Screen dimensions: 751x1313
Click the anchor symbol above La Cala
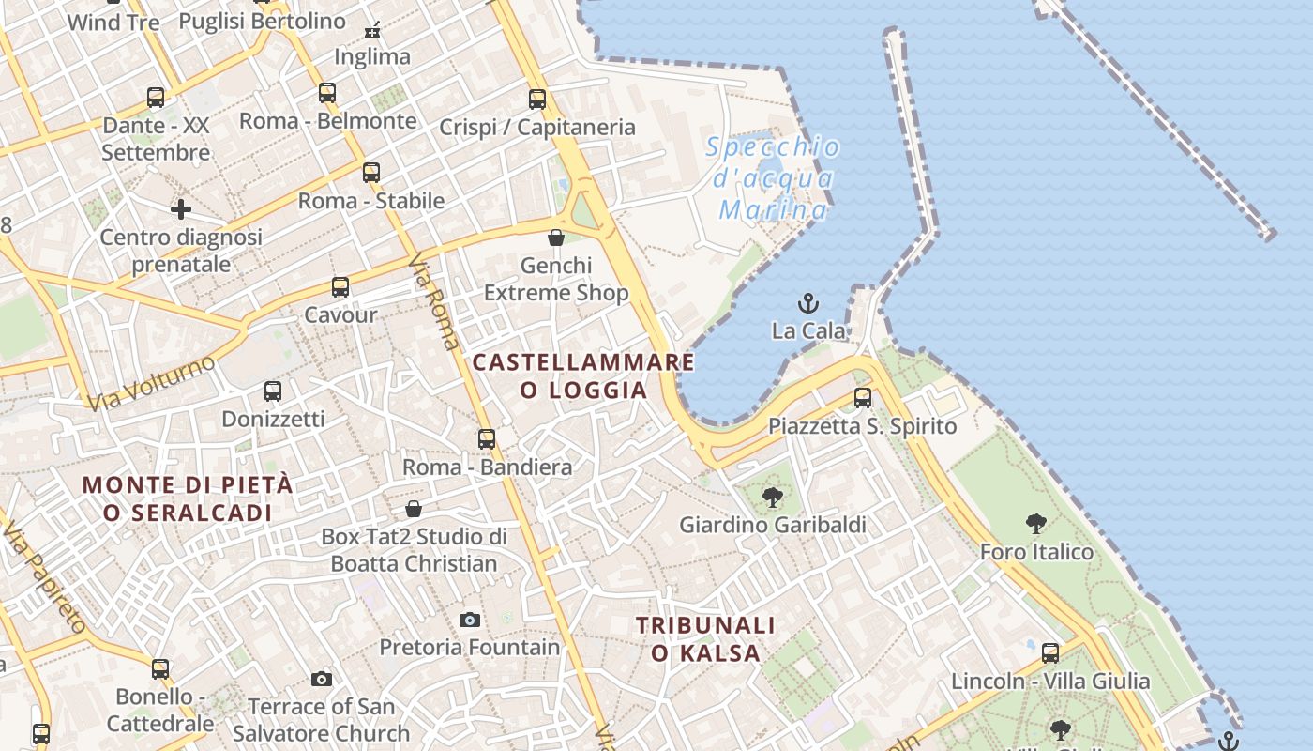pos(807,303)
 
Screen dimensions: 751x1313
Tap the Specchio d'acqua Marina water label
pos(773,178)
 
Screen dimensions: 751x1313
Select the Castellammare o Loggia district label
pos(582,375)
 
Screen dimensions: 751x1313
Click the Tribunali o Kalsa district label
pos(705,638)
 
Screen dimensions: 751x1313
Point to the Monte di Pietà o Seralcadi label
pos(188,498)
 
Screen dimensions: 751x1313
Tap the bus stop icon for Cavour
pos(340,287)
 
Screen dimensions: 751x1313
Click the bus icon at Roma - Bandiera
pos(486,439)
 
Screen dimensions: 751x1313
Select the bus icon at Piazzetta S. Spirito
pos(863,398)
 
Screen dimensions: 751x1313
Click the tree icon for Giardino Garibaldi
pos(773,498)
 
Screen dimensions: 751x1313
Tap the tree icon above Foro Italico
pos(1036,524)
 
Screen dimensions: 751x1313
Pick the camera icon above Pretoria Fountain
pos(470,620)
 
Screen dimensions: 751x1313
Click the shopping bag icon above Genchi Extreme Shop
pos(555,238)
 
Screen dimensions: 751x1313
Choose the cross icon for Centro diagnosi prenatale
pos(181,208)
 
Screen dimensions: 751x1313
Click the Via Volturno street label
pos(152,383)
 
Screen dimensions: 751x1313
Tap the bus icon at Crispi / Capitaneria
pos(537,100)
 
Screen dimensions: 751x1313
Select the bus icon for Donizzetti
pos(273,391)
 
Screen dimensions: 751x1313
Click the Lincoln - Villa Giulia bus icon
pos(1050,653)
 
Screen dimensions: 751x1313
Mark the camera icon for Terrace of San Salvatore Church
pos(322,679)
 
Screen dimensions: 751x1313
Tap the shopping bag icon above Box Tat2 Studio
pos(414,509)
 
